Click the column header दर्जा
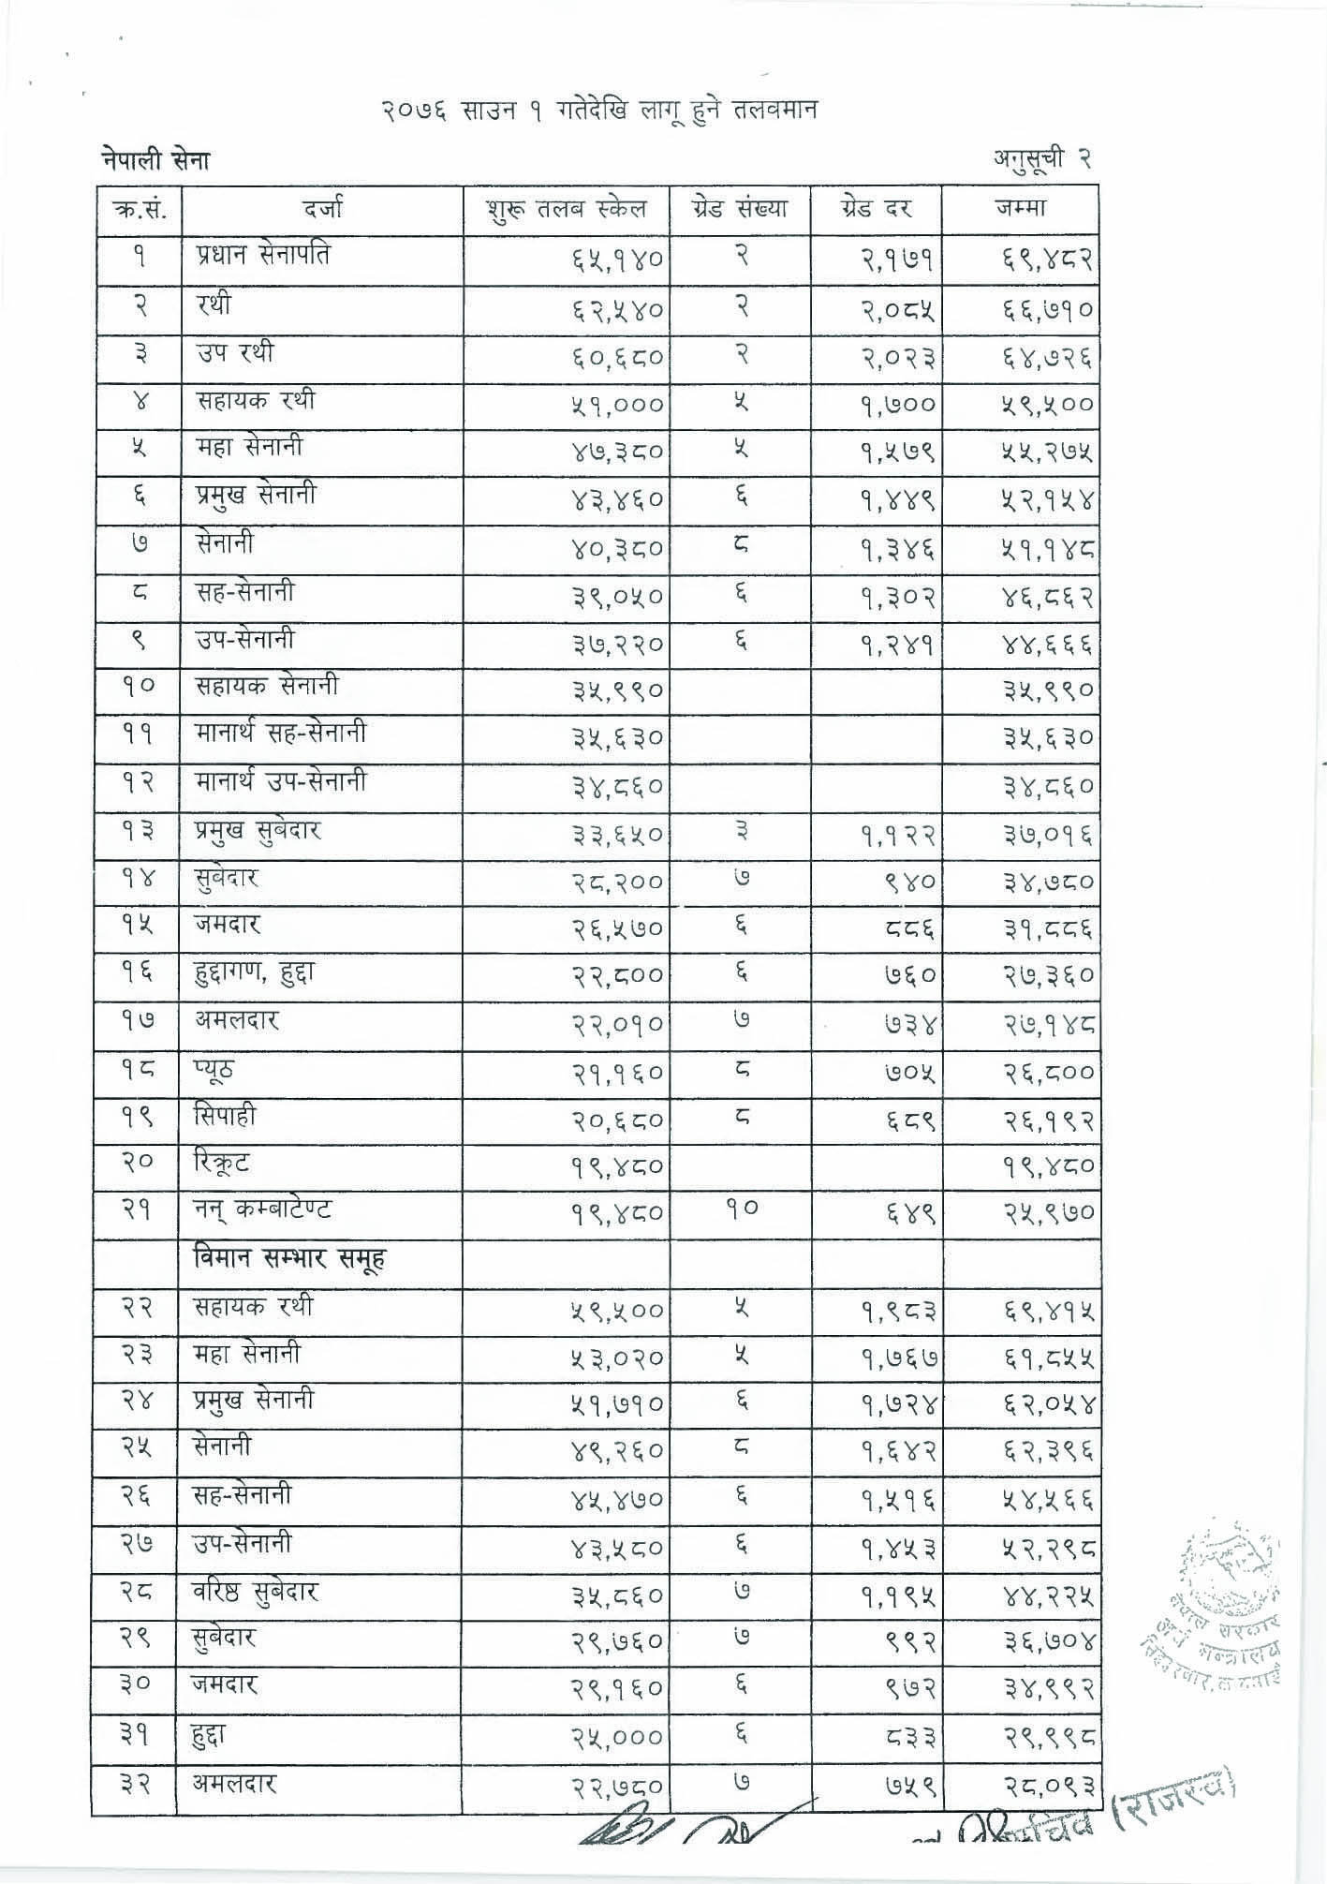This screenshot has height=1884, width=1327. tap(322, 208)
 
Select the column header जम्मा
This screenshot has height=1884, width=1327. tap(1021, 208)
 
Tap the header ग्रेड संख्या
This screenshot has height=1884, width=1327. tap(740, 208)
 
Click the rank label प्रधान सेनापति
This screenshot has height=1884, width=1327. tap(263, 256)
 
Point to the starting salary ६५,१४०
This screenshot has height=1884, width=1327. tap(617, 260)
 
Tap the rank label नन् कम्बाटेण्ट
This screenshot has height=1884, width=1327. tap(263, 1209)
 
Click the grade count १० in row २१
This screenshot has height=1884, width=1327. tap(740, 1209)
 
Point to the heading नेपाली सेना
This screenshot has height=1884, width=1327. tap(155, 161)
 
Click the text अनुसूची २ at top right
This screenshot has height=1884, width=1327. tap(1042, 160)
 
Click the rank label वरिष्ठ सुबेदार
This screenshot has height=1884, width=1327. tap(257, 1592)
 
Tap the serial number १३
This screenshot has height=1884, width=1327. tap(138, 830)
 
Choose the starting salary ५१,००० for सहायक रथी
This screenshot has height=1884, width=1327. tap(617, 405)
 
